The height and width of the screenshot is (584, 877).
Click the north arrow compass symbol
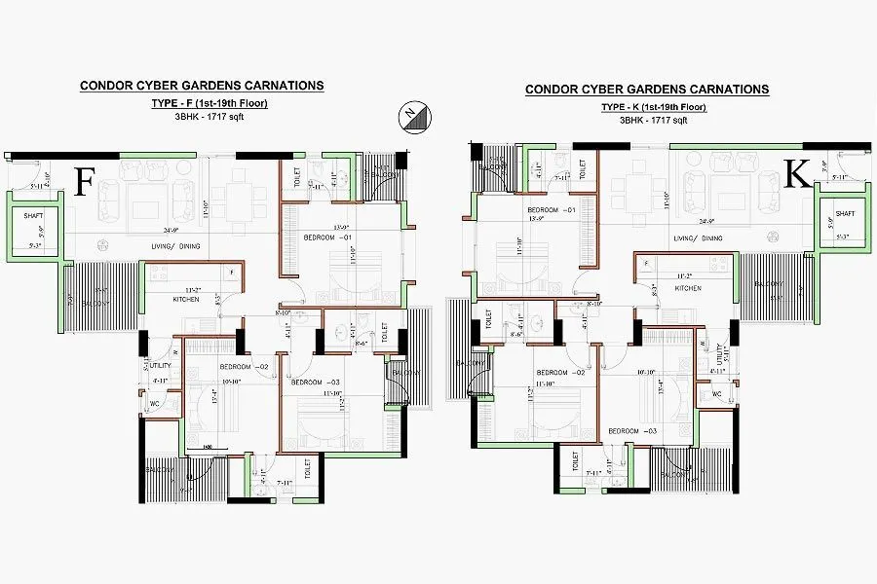tap(409, 117)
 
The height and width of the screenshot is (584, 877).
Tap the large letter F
tap(86, 182)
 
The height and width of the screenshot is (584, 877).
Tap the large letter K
tap(797, 175)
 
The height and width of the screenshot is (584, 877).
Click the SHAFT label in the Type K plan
tap(844, 213)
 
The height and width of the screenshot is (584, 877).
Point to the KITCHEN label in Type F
tap(186, 300)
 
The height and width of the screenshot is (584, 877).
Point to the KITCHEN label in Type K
tap(689, 289)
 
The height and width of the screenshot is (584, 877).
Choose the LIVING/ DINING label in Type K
tap(699, 237)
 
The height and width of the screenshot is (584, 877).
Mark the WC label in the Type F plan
tap(154, 403)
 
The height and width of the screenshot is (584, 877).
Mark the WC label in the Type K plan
tap(716, 394)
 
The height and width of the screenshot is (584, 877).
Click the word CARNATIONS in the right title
tap(727, 90)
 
